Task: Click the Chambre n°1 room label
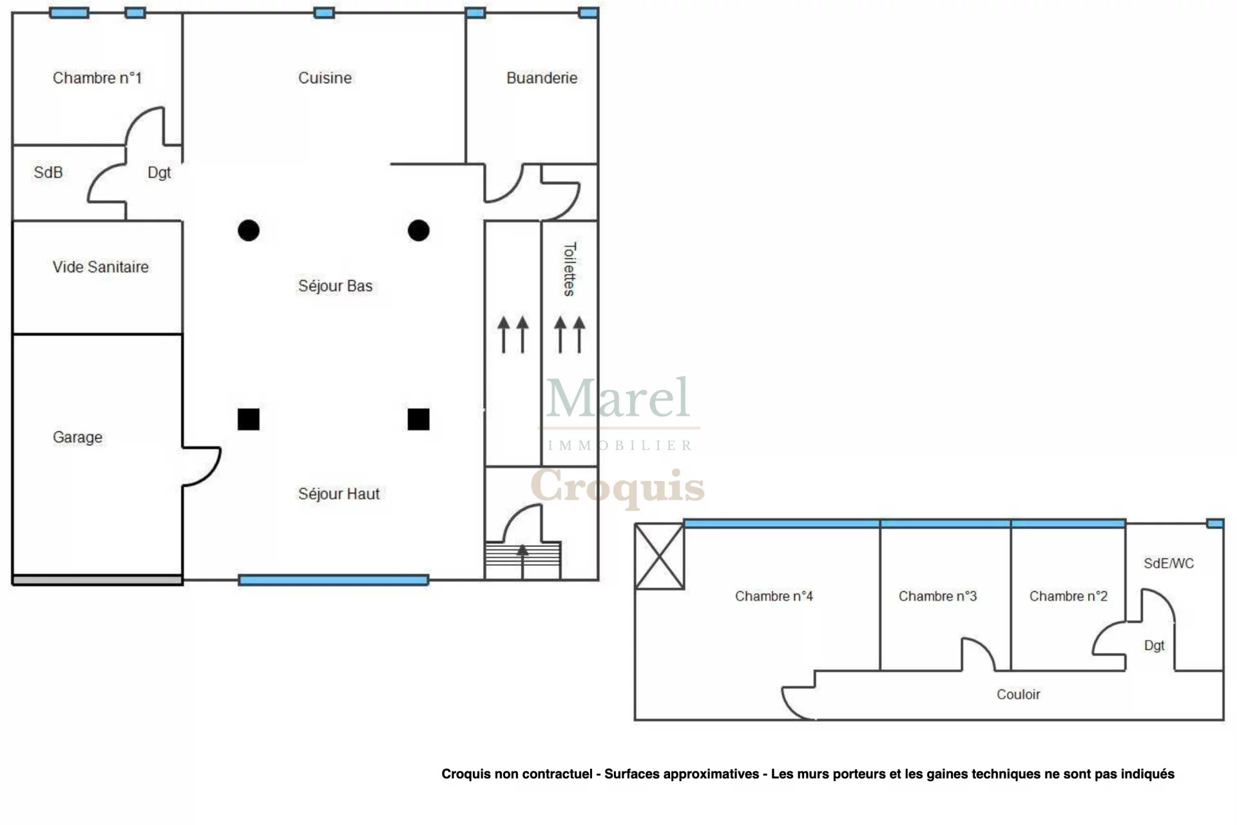(x=97, y=78)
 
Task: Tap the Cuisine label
(x=325, y=78)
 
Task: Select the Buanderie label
(x=542, y=78)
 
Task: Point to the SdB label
(x=48, y=172)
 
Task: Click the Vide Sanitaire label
(x=101, y=267)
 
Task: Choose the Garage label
(x=77, y=437)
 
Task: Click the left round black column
(x=249, y=230)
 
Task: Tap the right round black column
(x=419, y=230)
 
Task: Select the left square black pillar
(x=249, y=420)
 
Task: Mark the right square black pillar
(x=419, y=420)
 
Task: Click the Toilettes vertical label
(x=570, y=269)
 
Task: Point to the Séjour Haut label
(x=339, y=494)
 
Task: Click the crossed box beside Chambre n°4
(x=659, y=556)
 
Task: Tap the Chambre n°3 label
(x=937, y=596)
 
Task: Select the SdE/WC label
(x=1169, y=563)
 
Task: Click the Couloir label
(x=1018, y=694)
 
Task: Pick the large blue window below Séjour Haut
(x=333, y=580)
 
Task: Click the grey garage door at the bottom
(x=97, y=580)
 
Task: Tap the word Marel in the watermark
(x=618, y=398)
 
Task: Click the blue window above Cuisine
(x=324, y=13)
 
